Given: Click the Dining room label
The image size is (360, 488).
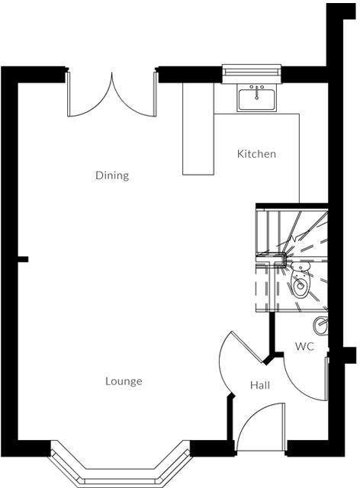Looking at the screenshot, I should pyautogui.click(x=112, y=175).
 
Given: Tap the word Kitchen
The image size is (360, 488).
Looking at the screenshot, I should pyautogui.click(x=256, y=154).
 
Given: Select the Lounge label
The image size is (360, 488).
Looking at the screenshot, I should pyautogui.click(x=124, y=381).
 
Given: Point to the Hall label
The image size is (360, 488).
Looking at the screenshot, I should pyautogui.click(x=260, y=386).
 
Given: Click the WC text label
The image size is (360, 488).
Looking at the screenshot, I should pyautogui.click(x=305, y=346).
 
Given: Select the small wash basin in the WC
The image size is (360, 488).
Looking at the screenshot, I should pyautogui.click(x=323, y=326).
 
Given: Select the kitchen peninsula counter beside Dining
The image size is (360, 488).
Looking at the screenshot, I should pyautogui.click(x=198, y=130).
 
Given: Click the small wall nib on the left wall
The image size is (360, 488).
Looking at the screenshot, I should pyautogui.click(x=23, y=260).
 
